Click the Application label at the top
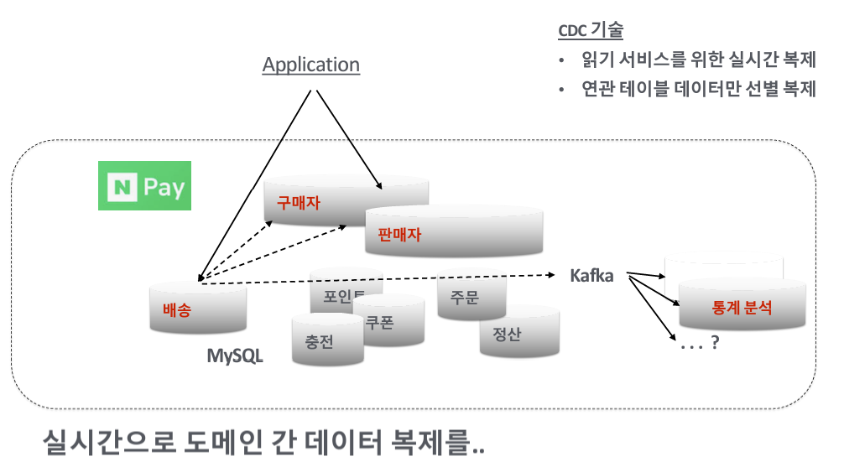[310, 65]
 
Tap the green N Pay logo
[144, 185]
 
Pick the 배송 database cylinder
[197, 309]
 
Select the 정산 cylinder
[518, 333]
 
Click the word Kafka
[591, 275]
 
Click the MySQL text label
[235, 356]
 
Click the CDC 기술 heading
[591, 31]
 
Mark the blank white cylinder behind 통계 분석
[723, 267]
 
